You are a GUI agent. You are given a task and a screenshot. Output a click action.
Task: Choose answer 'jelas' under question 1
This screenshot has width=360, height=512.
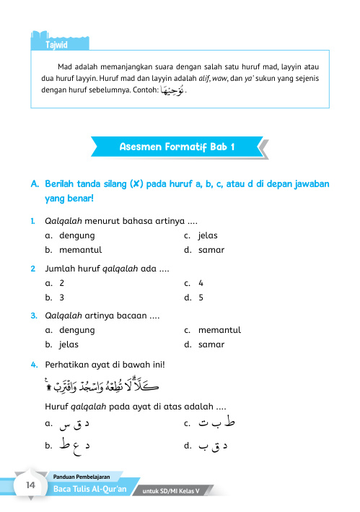click(x=208, y=235)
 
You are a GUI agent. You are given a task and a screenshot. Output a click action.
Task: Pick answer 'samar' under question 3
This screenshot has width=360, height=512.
click(x=211, y=344)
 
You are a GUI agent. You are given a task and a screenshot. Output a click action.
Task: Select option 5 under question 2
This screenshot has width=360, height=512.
click(x=201, y=297)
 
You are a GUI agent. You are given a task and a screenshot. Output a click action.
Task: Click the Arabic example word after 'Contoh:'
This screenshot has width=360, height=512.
click(x=172, y=90)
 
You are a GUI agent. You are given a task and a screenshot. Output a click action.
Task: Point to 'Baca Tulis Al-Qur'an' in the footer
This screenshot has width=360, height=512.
click(x=91, y=490)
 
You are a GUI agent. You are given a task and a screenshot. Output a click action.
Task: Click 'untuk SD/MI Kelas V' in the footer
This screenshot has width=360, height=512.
click(x=175, y=492)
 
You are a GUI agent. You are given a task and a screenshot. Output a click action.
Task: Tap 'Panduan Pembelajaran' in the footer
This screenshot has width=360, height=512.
click(x=87, y=476)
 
